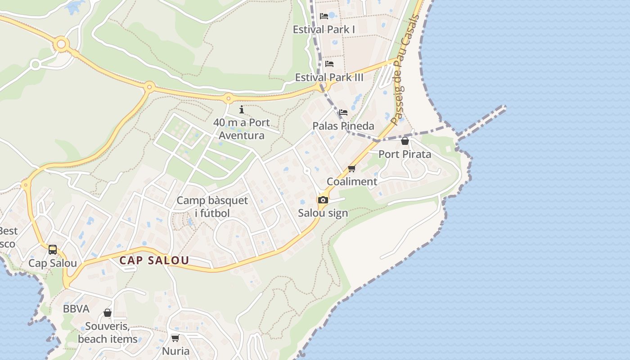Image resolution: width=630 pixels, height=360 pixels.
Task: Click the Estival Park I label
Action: pos(324,30)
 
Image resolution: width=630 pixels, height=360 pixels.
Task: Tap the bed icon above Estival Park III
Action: pos(329,64)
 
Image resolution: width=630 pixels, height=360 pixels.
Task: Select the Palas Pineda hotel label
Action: pos(343,126)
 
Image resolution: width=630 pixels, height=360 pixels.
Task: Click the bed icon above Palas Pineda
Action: pos(343,112)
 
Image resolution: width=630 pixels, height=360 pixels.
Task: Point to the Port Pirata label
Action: pos(405,154)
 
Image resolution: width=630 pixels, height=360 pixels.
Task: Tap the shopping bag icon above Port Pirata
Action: pos(405,141)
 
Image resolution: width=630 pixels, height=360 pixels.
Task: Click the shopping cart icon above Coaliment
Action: pos(352,169)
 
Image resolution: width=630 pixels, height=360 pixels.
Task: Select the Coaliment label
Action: pos(352,182)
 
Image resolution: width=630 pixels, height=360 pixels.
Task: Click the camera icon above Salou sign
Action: pos(323,200)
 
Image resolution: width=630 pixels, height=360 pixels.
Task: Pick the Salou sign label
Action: pos(323,213)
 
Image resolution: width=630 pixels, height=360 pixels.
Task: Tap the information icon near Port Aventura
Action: pos(242,109)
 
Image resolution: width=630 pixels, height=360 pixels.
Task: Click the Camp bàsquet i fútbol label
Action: pos(212,207)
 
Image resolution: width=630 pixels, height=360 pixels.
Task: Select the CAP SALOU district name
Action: pos(154,261)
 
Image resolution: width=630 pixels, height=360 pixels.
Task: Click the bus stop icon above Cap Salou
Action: pos(53,250)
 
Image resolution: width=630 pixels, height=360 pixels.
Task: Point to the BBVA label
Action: pos(76,309)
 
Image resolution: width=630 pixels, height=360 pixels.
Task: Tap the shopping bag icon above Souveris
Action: pos(108,313)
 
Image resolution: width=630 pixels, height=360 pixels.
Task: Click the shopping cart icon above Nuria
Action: pos(175,338)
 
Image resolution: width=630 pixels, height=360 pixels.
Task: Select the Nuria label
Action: pos(175,351)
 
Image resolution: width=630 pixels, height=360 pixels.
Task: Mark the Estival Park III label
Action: pos(329,77)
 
